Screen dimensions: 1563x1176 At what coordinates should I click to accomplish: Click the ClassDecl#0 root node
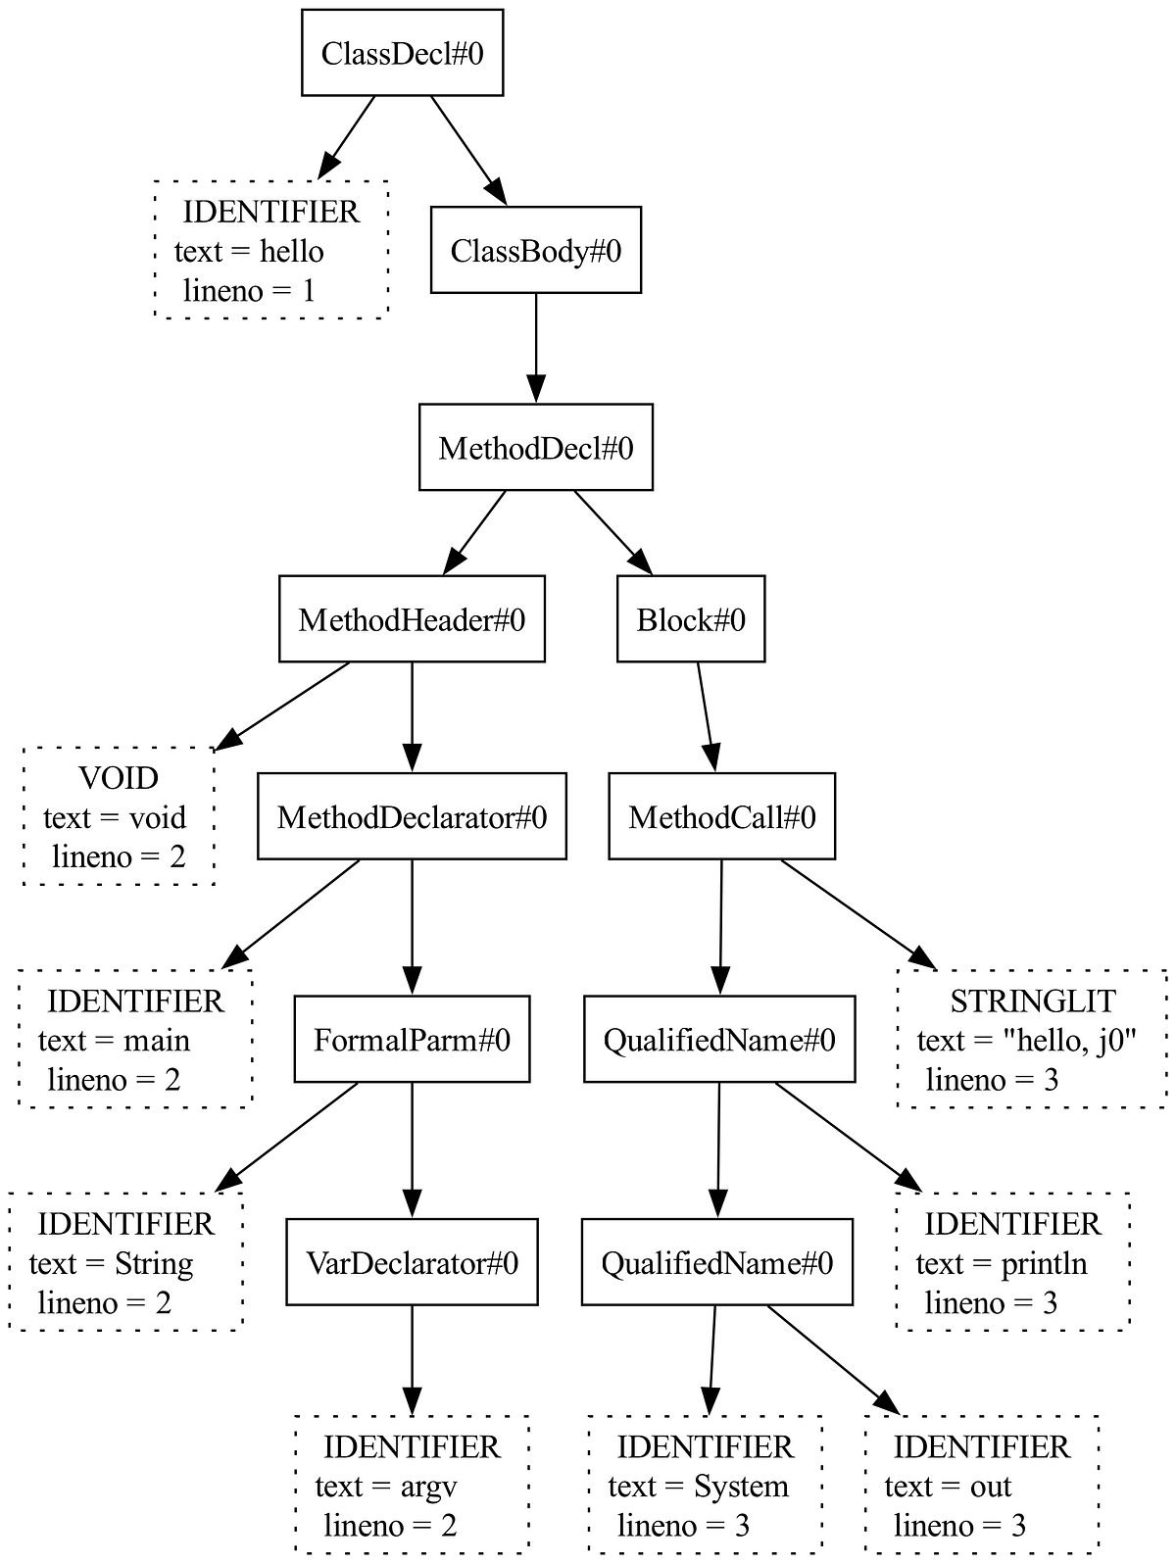point(402,53)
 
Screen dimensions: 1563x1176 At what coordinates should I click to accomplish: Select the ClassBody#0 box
point(536,250)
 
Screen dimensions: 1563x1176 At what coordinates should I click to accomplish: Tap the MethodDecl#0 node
point(536,447)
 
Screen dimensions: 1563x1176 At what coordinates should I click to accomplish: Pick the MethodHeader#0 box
point(412,619)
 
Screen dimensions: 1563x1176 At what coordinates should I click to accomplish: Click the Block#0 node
point(691,619)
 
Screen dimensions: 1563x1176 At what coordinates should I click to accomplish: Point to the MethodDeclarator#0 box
point(412,816)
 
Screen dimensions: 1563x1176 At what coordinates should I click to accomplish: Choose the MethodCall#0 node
point(722,816)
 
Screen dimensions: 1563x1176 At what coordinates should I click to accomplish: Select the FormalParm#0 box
point(412,1039)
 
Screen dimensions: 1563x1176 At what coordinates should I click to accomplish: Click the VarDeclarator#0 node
point(412,1262)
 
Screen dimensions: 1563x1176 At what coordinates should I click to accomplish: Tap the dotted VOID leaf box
point(119,816)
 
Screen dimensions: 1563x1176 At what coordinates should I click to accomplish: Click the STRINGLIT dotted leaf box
point(1032,1039)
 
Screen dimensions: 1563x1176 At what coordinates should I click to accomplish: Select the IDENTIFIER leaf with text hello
point(271,250)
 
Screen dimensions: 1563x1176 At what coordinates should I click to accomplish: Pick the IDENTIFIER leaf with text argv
point(412,1485)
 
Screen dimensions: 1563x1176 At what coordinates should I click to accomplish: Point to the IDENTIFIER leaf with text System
point(704,1485)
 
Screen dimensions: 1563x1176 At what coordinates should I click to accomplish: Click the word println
point(1044,1264)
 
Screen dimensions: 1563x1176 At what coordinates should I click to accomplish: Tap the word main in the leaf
point(156,1041)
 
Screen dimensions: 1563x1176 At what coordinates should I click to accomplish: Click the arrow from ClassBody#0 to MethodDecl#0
point(536,348)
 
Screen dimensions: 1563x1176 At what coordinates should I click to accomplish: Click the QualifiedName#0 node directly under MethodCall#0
point(719,1039)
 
